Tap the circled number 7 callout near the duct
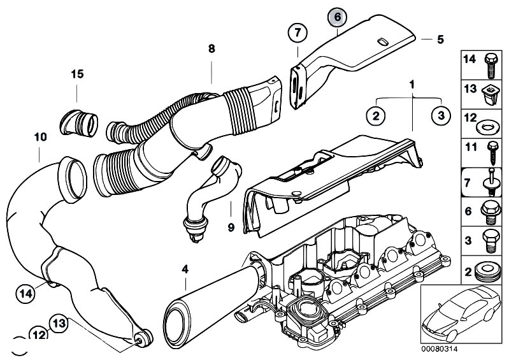[297, 32]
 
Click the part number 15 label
[77, 75]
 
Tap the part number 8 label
[211, 48]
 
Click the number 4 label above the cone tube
[185, 270]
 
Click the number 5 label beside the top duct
[440, 40]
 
